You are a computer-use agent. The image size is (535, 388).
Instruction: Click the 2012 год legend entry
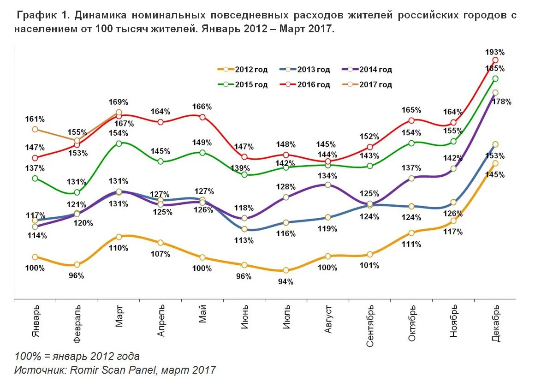(x=243, y=70)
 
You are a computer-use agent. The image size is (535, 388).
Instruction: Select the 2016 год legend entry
(x=305, y=85)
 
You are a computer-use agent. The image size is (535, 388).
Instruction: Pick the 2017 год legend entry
(x=367, y=85)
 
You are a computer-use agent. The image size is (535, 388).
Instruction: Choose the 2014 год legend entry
(x=367, y=70)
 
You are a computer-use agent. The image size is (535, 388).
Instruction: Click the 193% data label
(x=495, y=52)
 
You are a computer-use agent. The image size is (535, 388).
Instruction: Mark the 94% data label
(x=286, y=281)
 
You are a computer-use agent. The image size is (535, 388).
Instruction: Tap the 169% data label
(x=119, y=102)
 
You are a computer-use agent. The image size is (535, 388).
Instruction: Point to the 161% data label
(x=35, y=119)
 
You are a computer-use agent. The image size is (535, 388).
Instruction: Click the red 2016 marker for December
(x=495, y=60)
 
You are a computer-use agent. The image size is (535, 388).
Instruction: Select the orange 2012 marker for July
(x=286, y=270)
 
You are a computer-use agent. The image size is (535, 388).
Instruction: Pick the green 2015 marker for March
(x=119, y=143)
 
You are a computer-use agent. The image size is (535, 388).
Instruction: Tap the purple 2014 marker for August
(x=328, y=185)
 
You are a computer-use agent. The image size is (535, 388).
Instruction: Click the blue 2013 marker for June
(x=244, y=229)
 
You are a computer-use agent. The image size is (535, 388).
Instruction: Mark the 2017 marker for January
(x=35, y=129)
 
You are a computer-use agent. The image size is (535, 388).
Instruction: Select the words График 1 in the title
(x=43, y=15)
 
